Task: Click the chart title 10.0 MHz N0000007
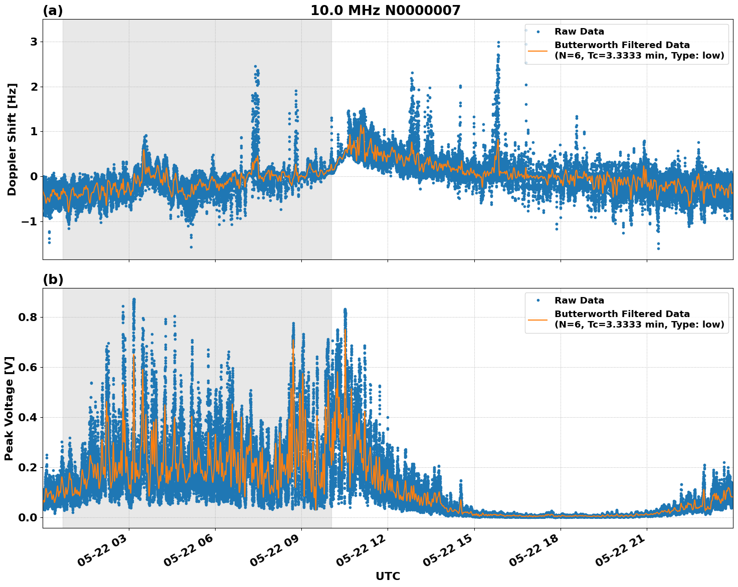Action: (385, 11)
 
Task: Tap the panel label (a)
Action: (53, 11)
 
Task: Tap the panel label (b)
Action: (53, 279)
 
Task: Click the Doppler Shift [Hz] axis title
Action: (12, 139)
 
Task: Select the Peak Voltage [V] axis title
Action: (9, 408)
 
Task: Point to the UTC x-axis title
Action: (388, 576)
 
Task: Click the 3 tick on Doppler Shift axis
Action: (34, 42)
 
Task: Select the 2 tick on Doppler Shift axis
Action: (34, 87)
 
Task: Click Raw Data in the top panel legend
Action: (579, 32)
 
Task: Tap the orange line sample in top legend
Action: (538, 51)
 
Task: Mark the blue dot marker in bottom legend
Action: (538, 301)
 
